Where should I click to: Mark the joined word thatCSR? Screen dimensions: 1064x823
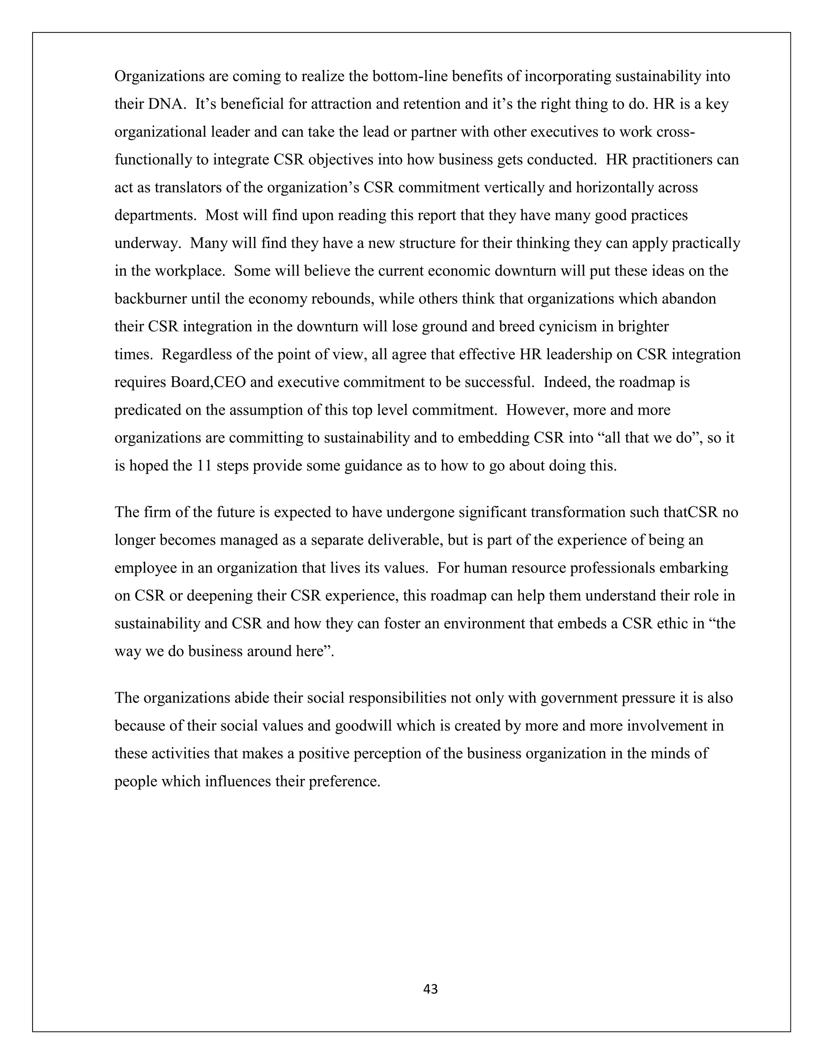point(691,512)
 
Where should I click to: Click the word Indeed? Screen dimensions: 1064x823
point(564,382)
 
